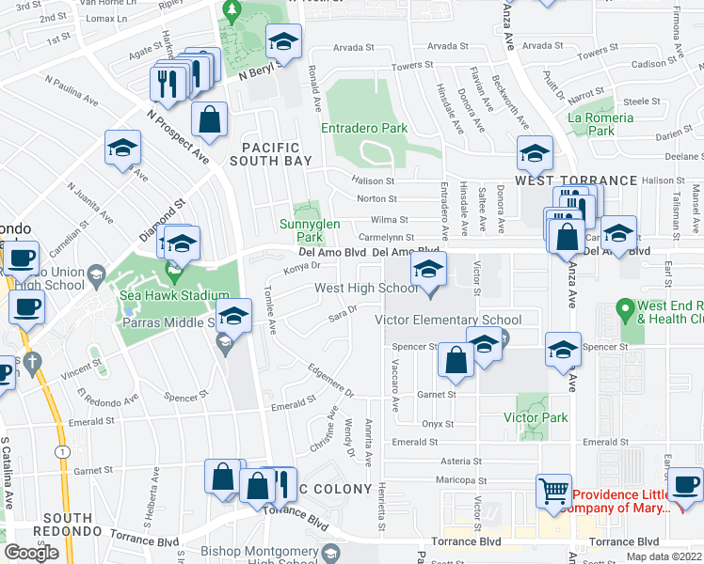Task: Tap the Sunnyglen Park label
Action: tap(302, 230)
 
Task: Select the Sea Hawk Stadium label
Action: tap(175, 293)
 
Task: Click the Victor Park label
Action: tap(534, 417)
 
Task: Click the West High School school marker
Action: tap(428, 270)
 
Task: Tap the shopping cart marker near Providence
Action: tap(552, 489)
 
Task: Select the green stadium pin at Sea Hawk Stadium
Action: tap(173, 272)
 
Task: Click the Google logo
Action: tap(31, 553)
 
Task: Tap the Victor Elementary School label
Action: tap(448, 321)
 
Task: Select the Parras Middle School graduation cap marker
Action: tap(235, 316)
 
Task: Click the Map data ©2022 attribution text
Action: tap(664, 556)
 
